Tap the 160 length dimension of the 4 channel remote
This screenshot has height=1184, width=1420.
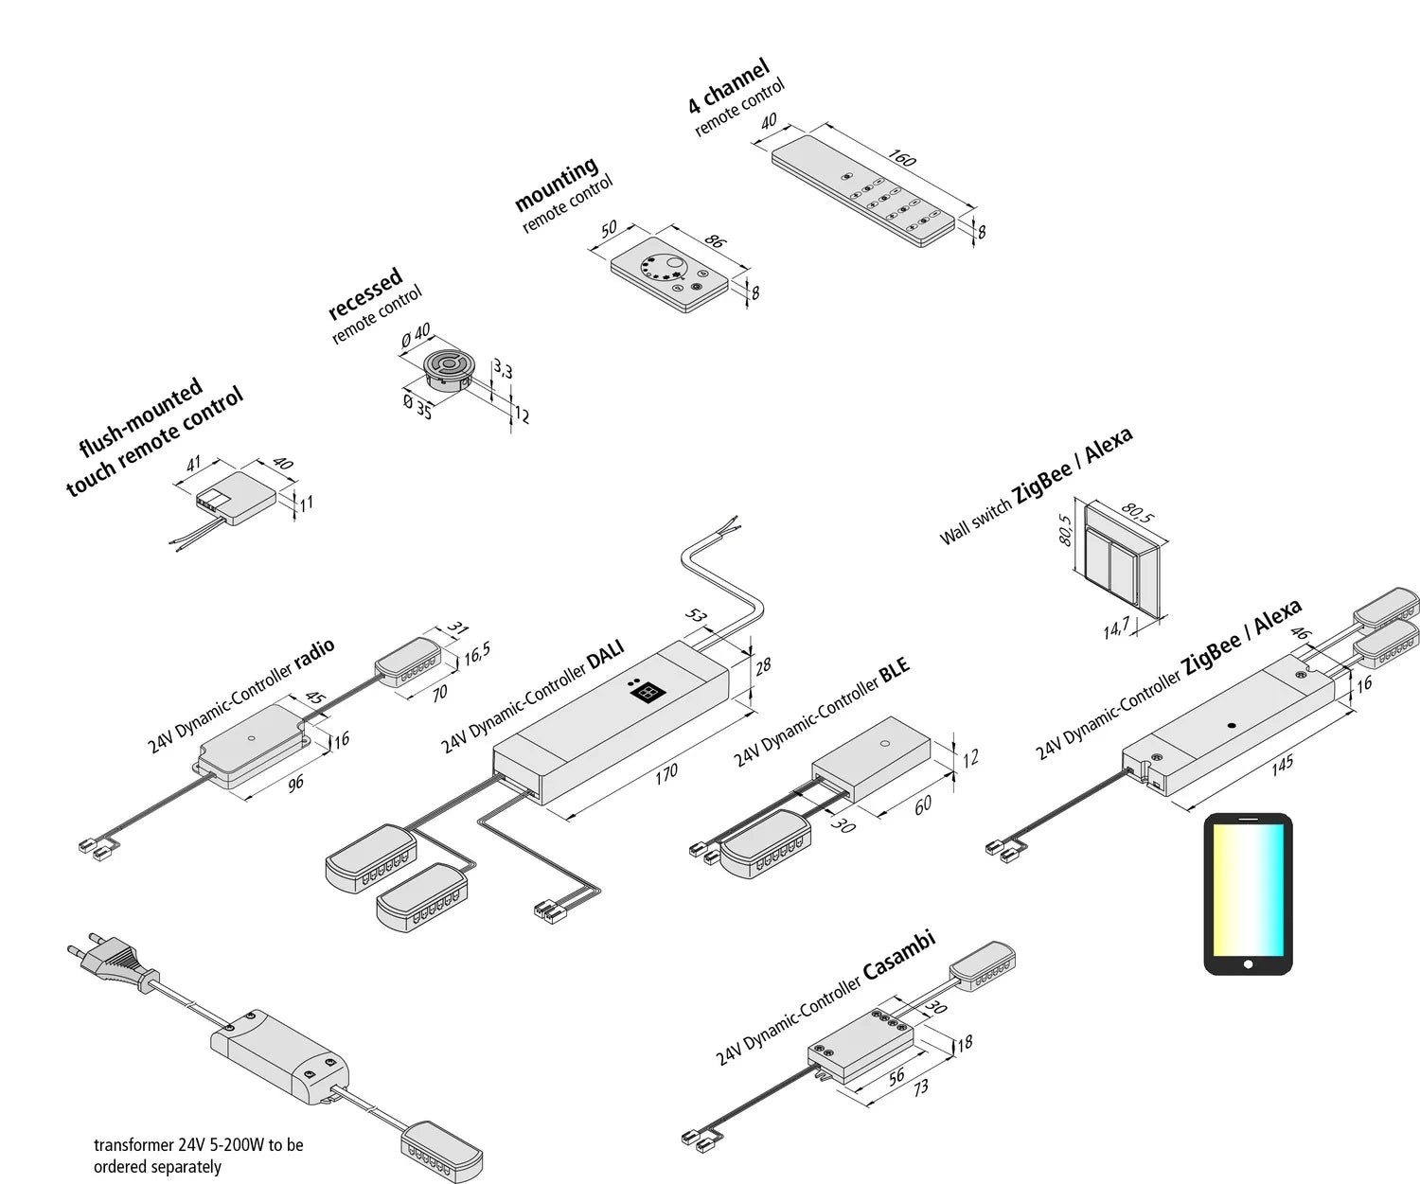click(902, 158)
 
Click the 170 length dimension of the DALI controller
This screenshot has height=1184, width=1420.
click(666, 773)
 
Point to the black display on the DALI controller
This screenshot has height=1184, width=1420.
click(646, 692)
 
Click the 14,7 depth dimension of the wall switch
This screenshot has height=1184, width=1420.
click(1116, 627)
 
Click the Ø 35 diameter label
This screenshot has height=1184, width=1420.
click(417, 408)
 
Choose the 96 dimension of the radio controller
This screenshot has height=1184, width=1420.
click(295, 783)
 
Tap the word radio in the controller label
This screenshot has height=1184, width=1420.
click(314, 654)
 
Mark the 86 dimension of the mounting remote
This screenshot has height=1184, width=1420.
click(715, 240)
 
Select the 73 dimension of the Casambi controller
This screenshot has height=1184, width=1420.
click(920, 1088)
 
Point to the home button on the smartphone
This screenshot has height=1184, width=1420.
click(1248, 964)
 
